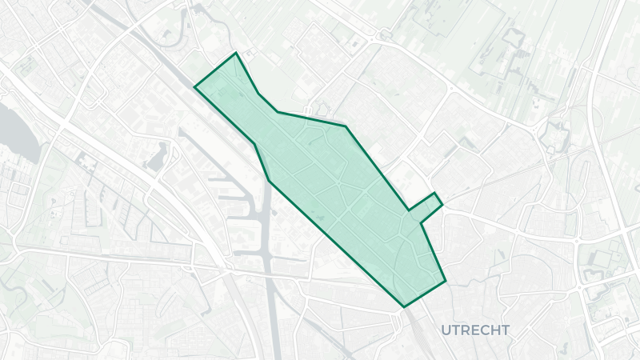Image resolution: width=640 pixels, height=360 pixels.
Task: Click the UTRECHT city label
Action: pyautogui.click(x=474, y=330)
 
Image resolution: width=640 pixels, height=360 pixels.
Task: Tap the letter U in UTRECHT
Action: pyautogui.click(x=444, y=330)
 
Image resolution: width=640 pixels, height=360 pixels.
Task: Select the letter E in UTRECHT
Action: pyautogui.click(x=474, y=330)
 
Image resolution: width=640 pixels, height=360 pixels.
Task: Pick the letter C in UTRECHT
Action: pyautogui.click(x=484, y=330)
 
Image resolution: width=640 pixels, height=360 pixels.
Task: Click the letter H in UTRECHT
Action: pyautogui.click(x=495, y=330)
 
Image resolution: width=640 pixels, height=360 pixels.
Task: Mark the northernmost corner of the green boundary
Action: pyautogui.click(x=235, y=54)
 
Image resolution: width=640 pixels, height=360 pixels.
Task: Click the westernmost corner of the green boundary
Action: pyautogui.click(x=194, y=86)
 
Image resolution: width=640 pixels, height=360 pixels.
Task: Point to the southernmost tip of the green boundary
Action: pyautogui.click(x=403, y=306)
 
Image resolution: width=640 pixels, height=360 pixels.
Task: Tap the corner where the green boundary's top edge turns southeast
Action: pyautogui.click(x=346, y=126)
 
